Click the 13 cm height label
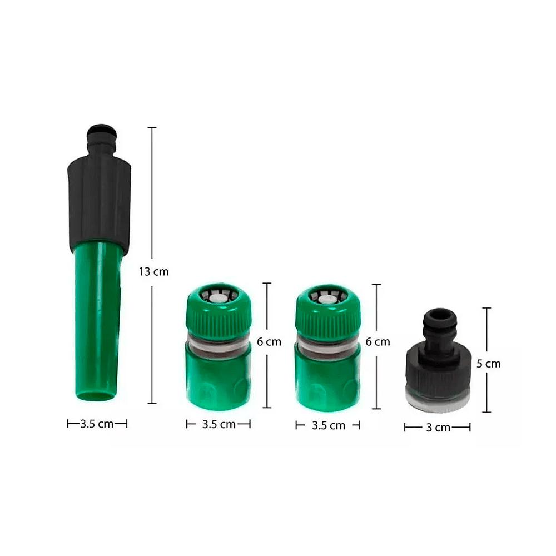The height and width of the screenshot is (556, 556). click(x=153, y=272)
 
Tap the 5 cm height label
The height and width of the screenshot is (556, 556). click(x=488, y=364)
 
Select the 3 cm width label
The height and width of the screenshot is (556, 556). click(x=438, y=427)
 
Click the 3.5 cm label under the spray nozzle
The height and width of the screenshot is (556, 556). click(x=97, y=424)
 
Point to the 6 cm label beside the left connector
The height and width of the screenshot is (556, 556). click(x=269, y=342)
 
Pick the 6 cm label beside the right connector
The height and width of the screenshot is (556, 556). click(x=378, y=342)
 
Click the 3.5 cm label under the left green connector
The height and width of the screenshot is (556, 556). click(x=219, y=424)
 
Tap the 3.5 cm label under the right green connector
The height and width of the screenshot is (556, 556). click(x=329, y=425)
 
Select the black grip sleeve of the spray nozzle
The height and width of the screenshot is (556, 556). click(x=99, y=202)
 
